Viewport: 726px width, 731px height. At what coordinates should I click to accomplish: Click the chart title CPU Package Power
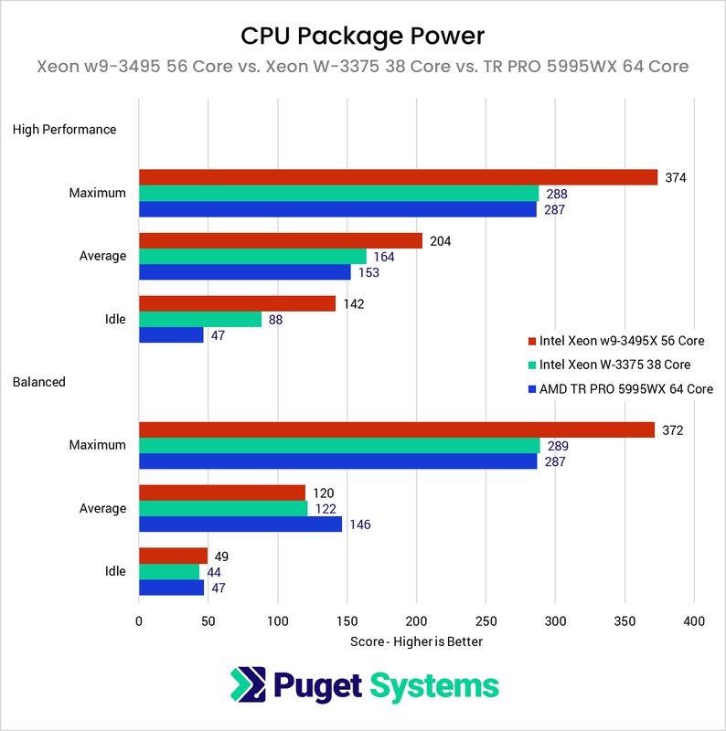coord(362,35)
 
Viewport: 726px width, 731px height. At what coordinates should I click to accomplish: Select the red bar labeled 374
coord(398,177)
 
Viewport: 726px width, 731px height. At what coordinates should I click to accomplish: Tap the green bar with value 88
coord(199,319)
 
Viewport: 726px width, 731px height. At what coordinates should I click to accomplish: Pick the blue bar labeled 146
coord(240,524)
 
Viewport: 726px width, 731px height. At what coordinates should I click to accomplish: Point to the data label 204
coord(440,240)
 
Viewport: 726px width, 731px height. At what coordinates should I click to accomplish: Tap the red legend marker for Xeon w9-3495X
coord(532,342)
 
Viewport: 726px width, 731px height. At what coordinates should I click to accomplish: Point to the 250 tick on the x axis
coord(486,621)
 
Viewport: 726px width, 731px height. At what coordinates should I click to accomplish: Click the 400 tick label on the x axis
coord(694,621)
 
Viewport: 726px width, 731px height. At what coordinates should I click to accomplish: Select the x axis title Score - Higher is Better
coord(416,641)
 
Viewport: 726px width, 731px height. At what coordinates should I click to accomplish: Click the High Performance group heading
coord(64,130)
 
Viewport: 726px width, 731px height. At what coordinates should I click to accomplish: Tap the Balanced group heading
coord(38,382)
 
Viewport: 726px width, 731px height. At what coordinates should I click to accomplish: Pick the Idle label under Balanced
coord(115,571)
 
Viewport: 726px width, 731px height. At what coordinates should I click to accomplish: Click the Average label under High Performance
coord(102,256)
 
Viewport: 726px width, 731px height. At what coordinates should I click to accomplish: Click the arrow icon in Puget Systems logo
coord(246,685)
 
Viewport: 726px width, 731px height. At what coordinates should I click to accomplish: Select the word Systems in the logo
coord(436,685)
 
